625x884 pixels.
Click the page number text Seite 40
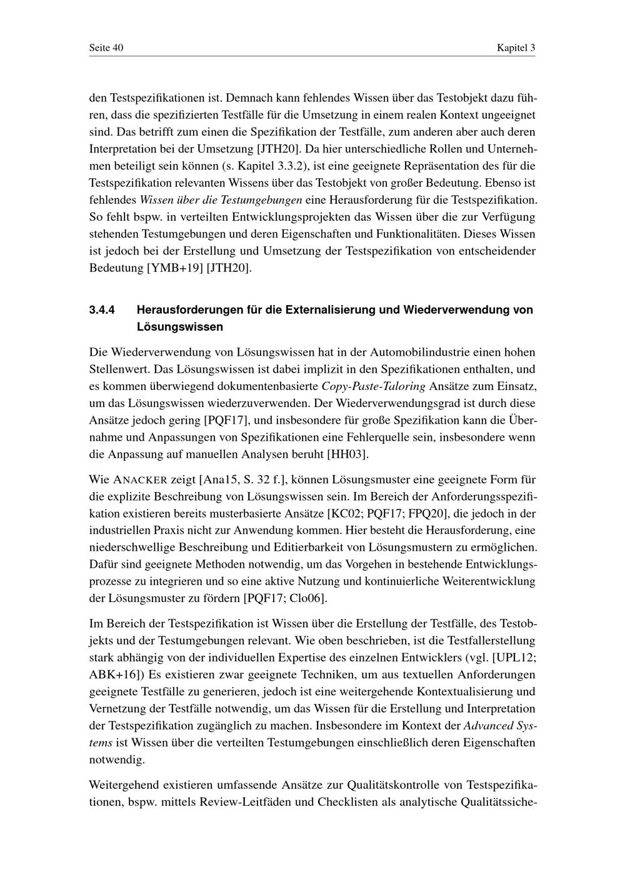pyautogui.click(x=106, y=48)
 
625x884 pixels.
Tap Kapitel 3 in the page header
pyautogui.click(x=516, y=48)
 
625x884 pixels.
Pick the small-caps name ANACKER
pyautogui.click(x=140, y=481)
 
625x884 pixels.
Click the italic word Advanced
pyautogui.click(x=487, y=726)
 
